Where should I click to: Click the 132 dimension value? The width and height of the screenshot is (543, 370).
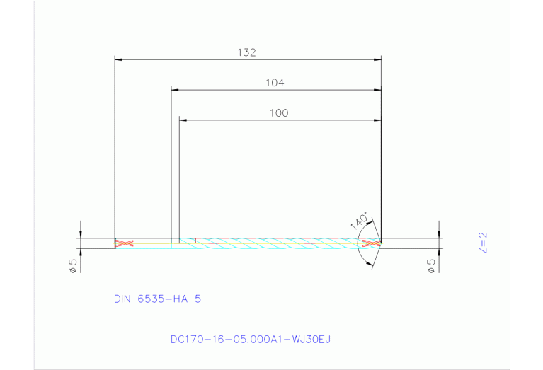246,52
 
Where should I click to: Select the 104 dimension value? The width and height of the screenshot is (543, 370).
275,83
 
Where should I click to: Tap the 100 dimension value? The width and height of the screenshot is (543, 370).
279,113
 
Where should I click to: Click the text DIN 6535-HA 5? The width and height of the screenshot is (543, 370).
157,299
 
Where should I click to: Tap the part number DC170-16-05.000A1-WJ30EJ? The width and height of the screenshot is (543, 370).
251,340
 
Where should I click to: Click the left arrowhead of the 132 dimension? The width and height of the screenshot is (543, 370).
118,59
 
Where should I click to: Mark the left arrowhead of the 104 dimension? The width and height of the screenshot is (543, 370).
175,90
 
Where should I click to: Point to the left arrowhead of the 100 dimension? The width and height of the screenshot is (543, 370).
183,120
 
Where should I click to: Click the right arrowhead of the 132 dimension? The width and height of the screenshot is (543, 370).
377,59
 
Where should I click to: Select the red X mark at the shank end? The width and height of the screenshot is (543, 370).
125,243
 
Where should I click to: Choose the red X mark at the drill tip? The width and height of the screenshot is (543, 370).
370,243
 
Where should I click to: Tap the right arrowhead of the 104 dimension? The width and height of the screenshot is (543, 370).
377,90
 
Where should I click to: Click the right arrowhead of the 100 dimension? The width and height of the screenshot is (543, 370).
377,120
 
